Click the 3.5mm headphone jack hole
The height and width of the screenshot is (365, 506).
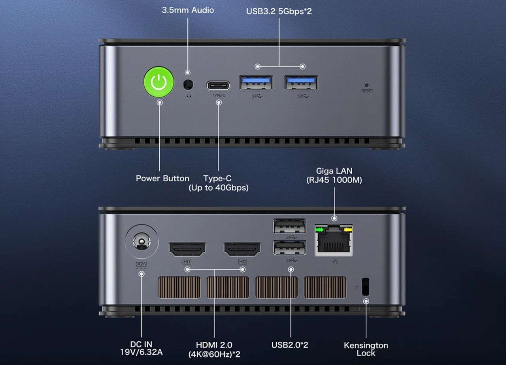(x=188, y=85)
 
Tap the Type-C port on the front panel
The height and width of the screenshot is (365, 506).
(x=218, y=86)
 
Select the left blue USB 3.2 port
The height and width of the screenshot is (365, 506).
(x=256, y=83)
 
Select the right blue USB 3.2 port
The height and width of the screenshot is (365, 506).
(x=301, y=83)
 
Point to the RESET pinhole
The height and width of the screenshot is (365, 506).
(x=367, y=86)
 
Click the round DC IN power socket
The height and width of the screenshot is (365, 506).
(x=142, y=241)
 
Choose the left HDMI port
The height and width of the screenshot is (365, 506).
(x=187, y=249)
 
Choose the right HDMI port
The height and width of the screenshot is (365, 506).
(x=242, y=249)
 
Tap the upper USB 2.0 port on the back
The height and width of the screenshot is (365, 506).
(x=290, y=226)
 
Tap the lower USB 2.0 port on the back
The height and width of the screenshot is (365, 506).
(x=290, y=248)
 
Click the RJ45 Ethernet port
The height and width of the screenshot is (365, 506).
(x=334, y=241)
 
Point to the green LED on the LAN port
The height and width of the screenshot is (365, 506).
(x=319, y=230)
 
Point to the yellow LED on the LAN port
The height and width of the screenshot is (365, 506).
(x=347, y=230)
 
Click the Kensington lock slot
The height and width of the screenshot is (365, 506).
(x=366, y=286)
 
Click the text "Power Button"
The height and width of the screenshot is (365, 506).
(x=162, y=179)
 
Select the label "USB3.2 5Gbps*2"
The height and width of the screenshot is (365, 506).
(x=279, y=11)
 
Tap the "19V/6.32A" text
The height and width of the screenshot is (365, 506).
(x=142, y=352)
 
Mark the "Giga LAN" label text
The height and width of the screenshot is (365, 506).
(x=334, y=171)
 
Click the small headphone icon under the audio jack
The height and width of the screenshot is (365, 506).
(x=189, y=96)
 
